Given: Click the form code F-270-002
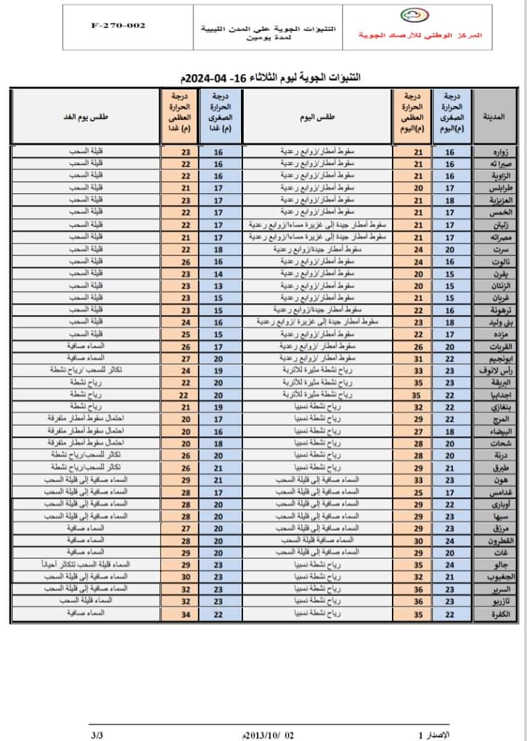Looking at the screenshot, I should click(x=118, y=26).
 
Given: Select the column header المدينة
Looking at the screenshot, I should click(x=498, y=117).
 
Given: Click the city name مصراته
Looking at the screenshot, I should click(x=499, y=238).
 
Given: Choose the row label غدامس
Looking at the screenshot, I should click(x=499, y=492).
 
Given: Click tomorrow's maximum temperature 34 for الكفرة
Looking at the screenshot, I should click(x=185, y=614).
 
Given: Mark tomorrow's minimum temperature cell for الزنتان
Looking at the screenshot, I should click(x=218, y=285).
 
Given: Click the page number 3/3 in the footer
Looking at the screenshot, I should click(x=95, y=734).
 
